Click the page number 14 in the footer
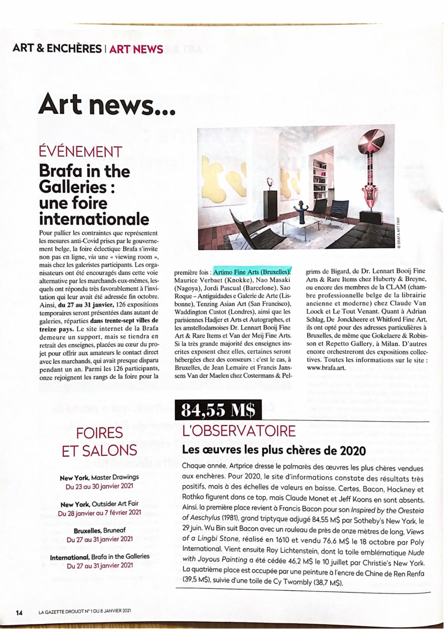click(x=19, y=612)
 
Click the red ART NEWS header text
click(x=136, y=49)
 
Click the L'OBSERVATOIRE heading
click(x=239, y=431)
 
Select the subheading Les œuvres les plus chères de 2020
click(x=274, y=450)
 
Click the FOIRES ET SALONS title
click(x=99, y=441)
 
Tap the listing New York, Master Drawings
click(x=99, y=477)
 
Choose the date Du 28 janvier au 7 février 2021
click(x=100, y=513)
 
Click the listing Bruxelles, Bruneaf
click(x=99, y=530)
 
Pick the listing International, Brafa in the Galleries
click(x=100, y=557)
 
